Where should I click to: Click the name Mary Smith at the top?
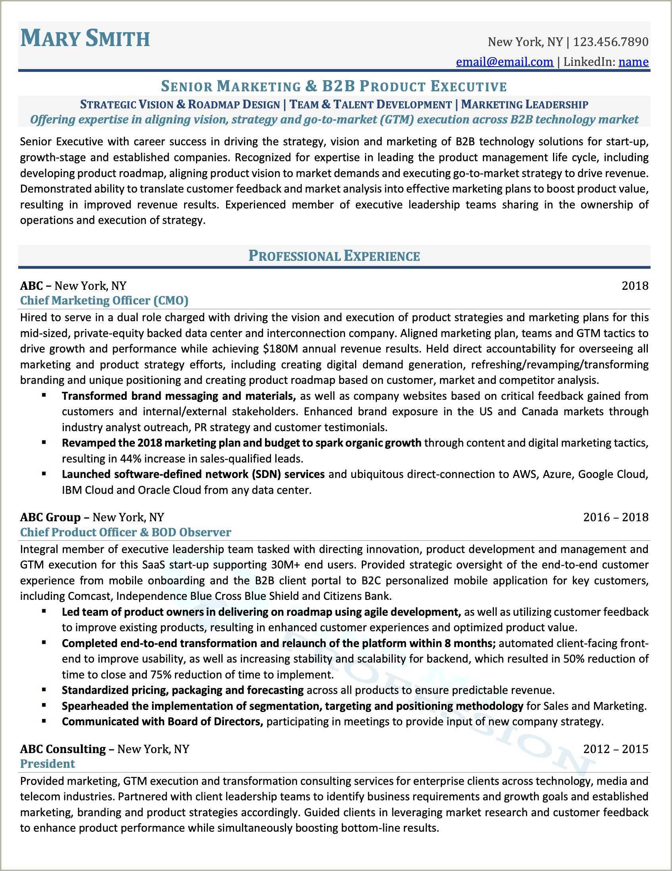(85, 39)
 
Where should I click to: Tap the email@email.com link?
(505, 62)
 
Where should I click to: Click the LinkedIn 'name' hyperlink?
(634, 62)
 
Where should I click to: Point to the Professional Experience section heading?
(334, 256)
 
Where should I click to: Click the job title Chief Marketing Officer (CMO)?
(104, 300)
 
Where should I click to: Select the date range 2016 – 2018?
(616, 517)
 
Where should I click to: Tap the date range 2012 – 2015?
(616, 749)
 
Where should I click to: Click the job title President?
(48, 764)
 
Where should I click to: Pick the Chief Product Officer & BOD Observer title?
(125, 532)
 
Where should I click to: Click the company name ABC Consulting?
(63, 749)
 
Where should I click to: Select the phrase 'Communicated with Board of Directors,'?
(162, 721)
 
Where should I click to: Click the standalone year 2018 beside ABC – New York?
(635, 286)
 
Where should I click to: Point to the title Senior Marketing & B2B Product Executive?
(334, 86)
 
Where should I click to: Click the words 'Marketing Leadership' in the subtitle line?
(524, 104)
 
